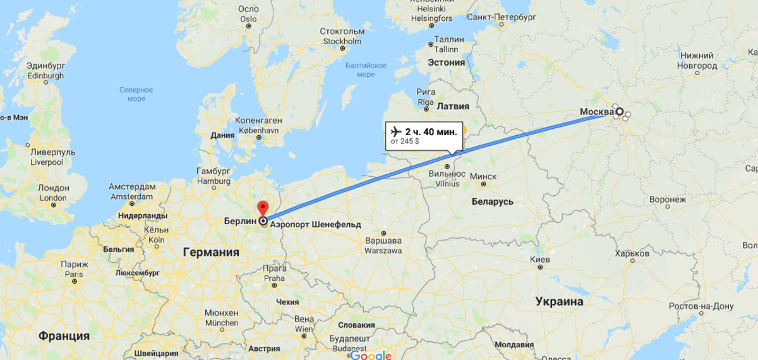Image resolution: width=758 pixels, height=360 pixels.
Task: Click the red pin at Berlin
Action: (263, 208)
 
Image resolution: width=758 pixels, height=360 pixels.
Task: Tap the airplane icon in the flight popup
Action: (397, 131)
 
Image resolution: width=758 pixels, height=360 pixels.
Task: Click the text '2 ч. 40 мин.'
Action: (431, 131)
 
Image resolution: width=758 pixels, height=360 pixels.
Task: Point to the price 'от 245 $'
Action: (405, 141)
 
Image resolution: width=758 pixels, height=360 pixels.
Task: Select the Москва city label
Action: (596, 112)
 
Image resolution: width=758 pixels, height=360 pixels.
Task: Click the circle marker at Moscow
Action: (619, 112)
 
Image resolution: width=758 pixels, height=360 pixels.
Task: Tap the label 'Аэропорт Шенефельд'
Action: (315, 224)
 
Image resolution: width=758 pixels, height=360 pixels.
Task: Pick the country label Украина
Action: (559, 301)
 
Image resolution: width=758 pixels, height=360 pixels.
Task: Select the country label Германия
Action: (211, 252)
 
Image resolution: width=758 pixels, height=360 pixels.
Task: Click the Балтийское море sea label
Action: (366, 69)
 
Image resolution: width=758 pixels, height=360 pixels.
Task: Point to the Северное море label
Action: (136, 94)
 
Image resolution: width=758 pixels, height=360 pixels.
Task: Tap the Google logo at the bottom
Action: (371, 355)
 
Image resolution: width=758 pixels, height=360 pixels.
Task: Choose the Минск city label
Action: (484, 176)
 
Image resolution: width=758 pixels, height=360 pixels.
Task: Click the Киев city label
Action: (539, 260)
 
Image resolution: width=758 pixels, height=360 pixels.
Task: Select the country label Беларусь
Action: (493, 201)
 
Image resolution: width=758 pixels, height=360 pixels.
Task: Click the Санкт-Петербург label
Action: (501, 15)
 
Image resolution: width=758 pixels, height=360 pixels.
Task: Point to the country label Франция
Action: (64, 335)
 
